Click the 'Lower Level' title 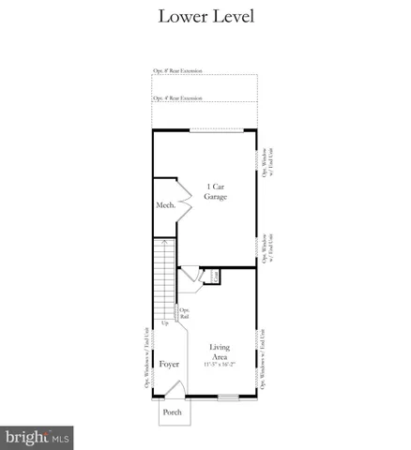coord(205,16)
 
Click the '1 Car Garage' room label coord(215,192)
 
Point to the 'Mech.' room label coord(164,205)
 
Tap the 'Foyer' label coord(169,364)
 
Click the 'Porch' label coord(173,412)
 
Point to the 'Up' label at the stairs coord(165,323)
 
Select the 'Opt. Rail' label coord(185,314)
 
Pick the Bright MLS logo coord(38,437)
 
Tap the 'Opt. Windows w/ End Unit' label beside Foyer coord(146,357)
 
